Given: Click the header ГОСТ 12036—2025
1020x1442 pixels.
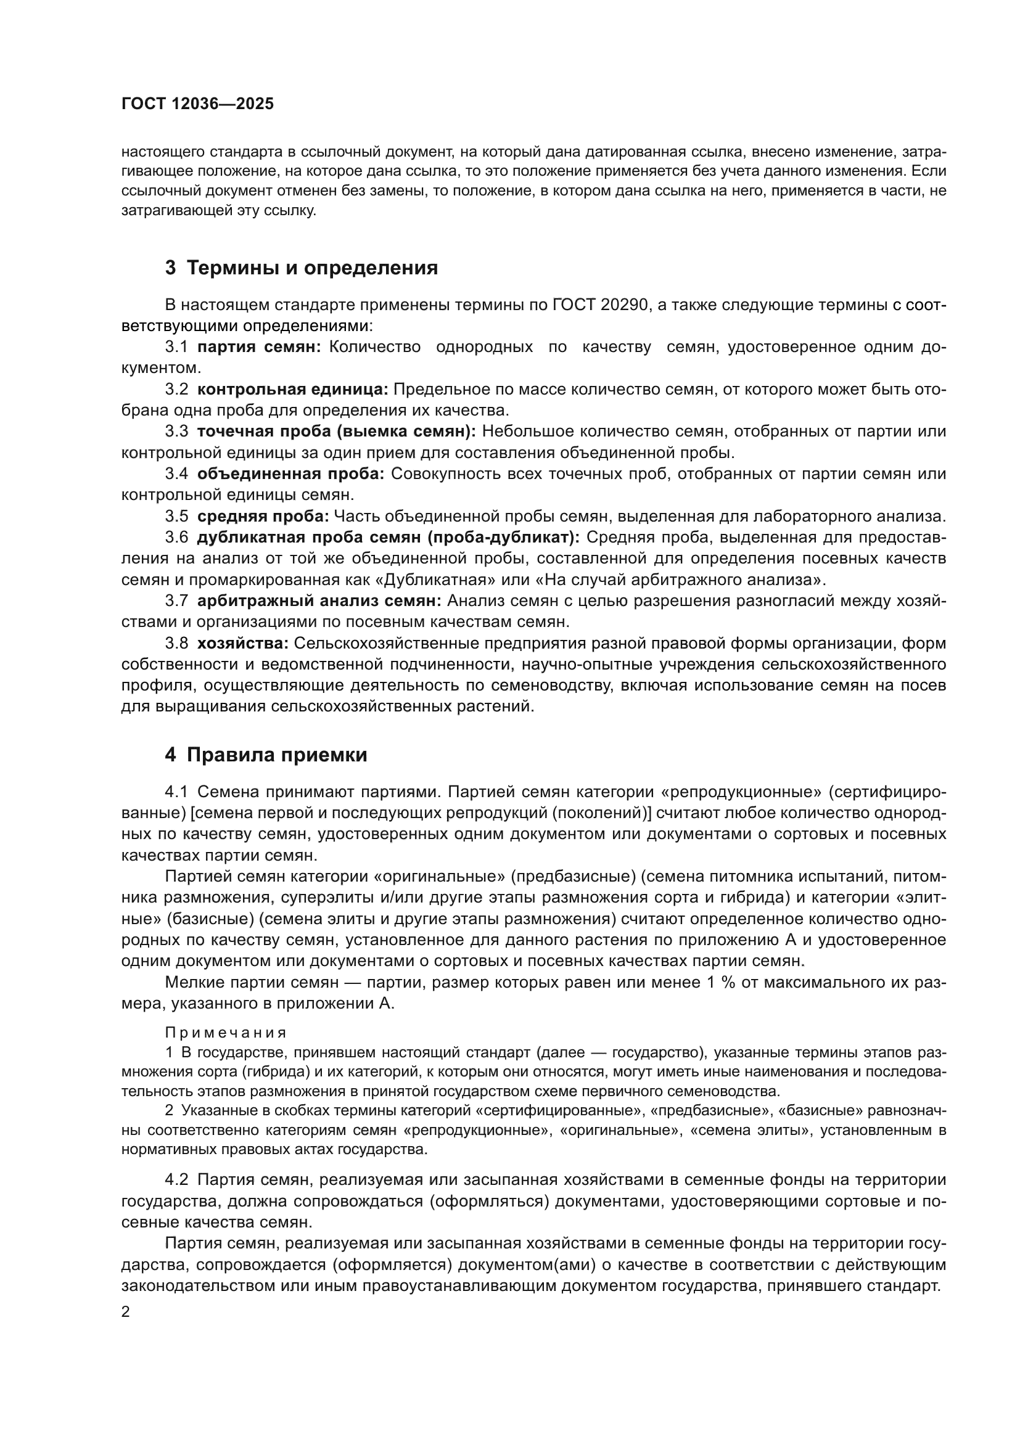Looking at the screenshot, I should pos(197,104).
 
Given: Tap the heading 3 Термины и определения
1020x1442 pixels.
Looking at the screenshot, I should pos(302,268).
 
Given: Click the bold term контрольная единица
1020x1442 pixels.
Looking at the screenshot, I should pos(293,390).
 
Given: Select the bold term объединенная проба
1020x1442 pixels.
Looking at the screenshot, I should pos(290,474).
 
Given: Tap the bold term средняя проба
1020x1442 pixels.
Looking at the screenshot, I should pos(263,516).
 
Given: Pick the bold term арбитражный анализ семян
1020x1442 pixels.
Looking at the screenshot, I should pos(319,601).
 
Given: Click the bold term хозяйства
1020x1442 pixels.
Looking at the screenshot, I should pos(242,643).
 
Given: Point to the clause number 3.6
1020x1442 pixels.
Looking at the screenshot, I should pos(176,538).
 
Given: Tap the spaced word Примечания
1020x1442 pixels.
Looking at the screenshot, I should pos(226,1033).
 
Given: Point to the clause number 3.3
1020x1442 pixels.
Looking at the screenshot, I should pos(176,432).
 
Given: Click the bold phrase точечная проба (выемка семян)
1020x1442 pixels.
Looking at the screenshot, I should pos(337,432).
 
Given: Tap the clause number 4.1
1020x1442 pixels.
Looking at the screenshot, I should pos(176,793).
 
